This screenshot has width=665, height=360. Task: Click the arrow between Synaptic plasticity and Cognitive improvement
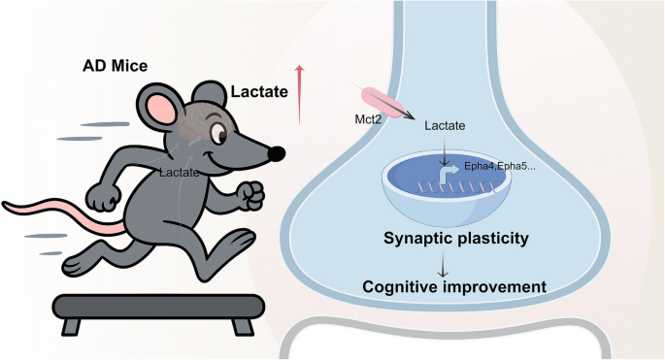tap(447, 262)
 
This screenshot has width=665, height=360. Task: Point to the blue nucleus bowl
tap(446, 194)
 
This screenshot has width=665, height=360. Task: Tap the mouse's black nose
tap(278, 153)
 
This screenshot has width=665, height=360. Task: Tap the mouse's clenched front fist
tap(252, 195)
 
